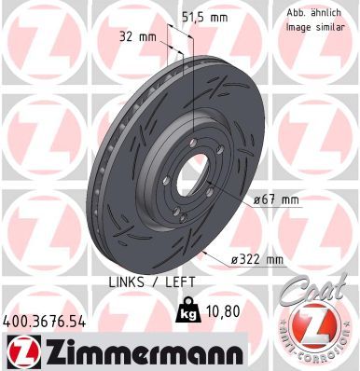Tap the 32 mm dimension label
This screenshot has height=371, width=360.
click(137, 38)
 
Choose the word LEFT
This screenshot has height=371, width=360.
click(171, 282)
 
